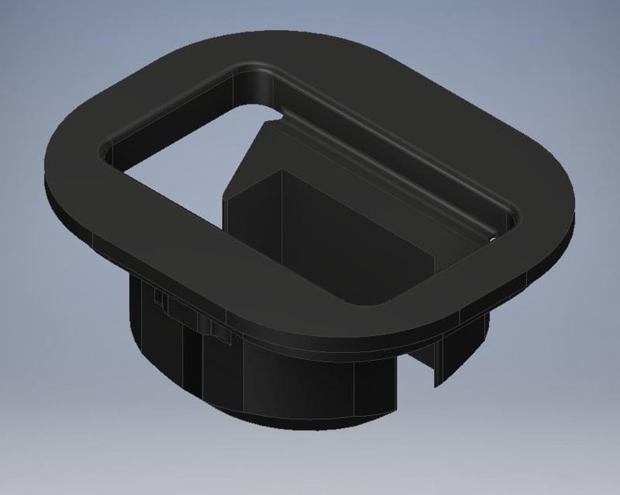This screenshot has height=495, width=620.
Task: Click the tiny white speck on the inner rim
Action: tap(491, 241)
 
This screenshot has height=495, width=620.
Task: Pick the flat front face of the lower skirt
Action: tap(310, 388)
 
